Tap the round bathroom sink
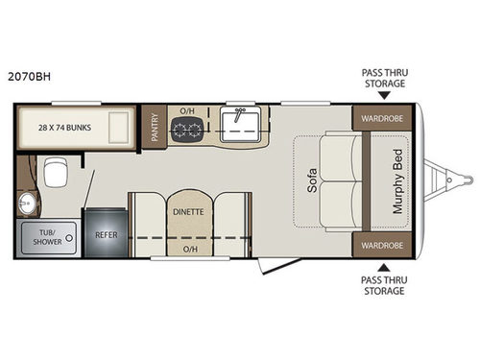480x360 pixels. pyautogui.click(x=27, y=205)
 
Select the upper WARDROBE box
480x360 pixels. pyautogui.click(x=381, y=120)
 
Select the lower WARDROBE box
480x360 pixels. pyautogui.click(x=381, y=244)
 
